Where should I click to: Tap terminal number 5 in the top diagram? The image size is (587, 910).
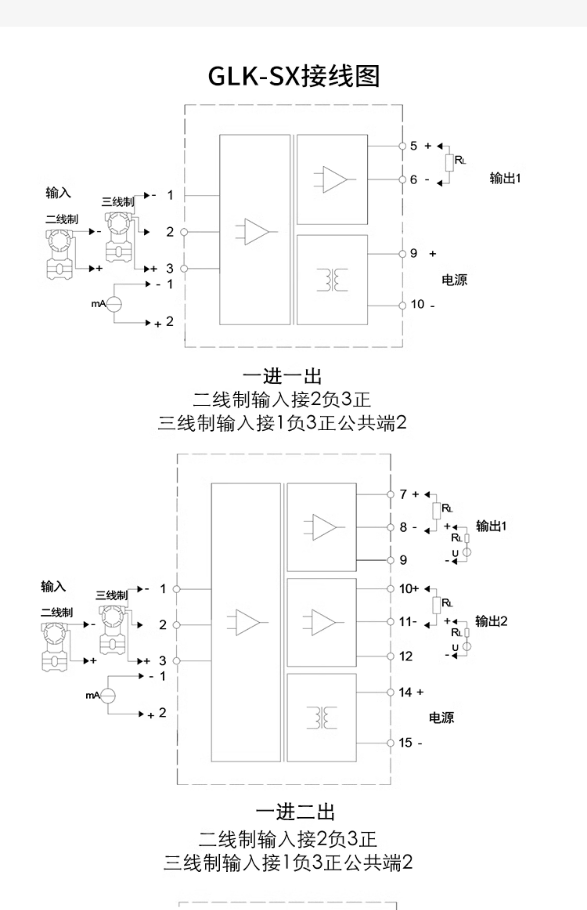(x=414, y=146)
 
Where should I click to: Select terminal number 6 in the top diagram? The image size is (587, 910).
(x=414, y=179)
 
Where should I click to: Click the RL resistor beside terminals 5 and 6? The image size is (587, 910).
(x=449, y=163)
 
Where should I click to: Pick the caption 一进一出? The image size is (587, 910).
(x=282, y=376)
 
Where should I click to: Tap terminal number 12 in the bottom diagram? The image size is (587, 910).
(x=405, y=656)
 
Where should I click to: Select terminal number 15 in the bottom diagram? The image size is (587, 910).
(x=405, y=742)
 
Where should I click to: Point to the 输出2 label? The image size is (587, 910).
(x=491, y=621)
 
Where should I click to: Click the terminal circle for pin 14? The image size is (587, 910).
(x=390, y=692)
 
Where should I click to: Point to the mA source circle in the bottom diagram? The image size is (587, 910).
(x=108, y=695)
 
